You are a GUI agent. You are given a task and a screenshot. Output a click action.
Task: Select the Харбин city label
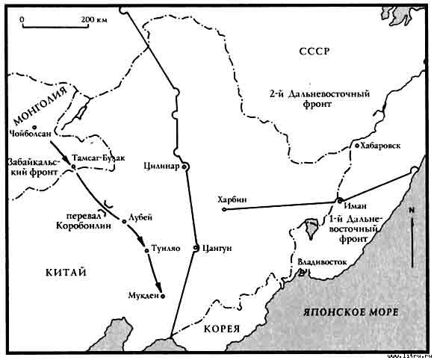(229, 198)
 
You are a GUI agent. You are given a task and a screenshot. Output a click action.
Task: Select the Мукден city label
(142, 297)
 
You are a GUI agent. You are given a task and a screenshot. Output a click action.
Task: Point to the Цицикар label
(163, 166)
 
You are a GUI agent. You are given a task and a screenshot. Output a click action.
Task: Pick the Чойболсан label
(30, 135)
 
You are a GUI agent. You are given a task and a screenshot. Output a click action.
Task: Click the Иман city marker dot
(339, 200)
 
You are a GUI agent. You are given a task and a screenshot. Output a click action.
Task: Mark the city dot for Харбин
(224, 209)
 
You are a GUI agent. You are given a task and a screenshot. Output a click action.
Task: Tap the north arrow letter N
(411, 213)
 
